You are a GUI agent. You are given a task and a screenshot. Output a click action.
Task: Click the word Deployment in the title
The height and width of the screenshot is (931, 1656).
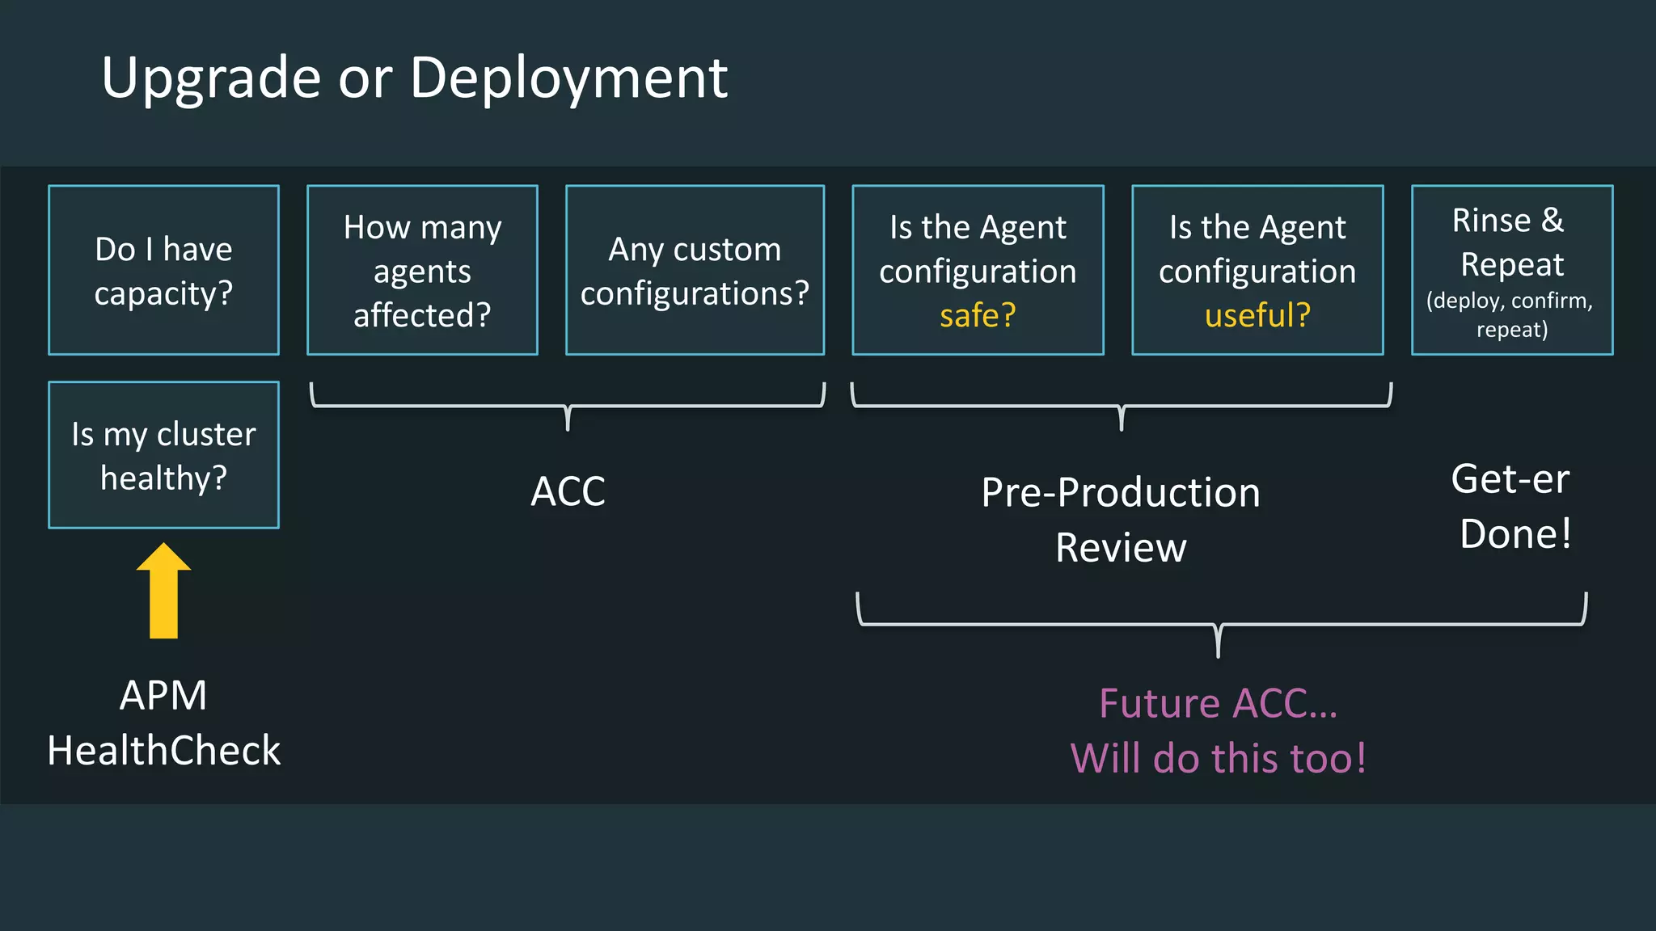568,78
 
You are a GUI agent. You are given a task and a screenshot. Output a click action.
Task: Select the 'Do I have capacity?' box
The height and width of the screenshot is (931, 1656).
163,270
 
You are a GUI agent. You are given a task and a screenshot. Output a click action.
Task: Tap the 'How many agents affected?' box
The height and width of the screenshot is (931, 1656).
422,270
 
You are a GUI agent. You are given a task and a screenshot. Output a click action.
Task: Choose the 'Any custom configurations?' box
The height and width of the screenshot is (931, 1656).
695,270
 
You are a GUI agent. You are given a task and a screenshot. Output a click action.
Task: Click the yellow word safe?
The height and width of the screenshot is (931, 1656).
978,315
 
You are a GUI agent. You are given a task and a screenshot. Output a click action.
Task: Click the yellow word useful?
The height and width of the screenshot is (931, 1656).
1257,315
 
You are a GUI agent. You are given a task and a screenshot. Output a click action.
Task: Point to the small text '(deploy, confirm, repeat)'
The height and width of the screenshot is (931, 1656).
1510,314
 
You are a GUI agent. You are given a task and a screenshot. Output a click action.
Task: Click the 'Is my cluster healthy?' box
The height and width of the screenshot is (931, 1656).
163,455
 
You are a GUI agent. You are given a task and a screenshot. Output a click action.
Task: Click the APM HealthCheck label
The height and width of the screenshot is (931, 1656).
163,722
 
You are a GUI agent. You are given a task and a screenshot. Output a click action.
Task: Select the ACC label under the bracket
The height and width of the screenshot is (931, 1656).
568,491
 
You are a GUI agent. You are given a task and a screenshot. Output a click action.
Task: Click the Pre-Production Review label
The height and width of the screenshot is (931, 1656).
1121,520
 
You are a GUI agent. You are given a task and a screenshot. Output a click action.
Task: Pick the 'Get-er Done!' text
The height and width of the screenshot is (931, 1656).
1512,506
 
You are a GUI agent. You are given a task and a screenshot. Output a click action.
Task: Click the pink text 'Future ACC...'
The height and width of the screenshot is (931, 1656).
1218,703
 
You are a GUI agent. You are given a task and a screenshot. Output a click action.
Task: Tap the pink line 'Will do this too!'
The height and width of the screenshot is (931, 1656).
1218,758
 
